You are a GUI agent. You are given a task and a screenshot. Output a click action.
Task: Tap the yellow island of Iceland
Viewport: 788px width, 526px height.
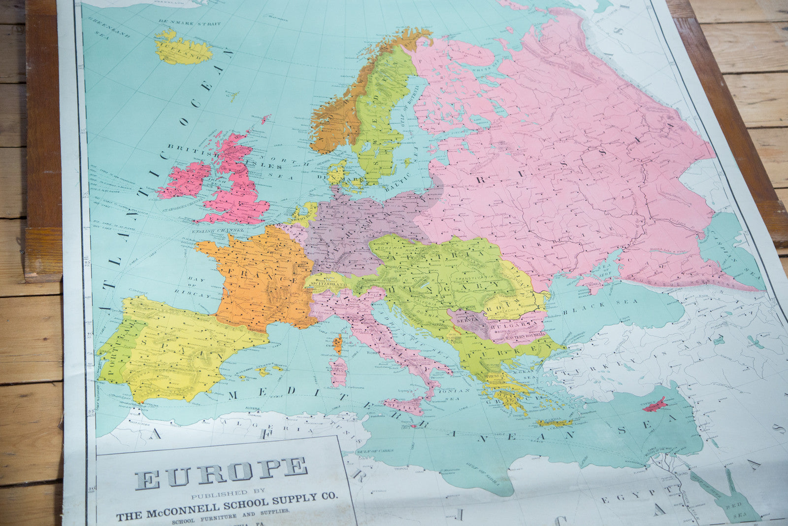pyautogui.click(x=183, y=48)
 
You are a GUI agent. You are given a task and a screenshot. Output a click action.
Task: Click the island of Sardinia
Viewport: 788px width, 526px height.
pyautogui.click(x=338, y=372)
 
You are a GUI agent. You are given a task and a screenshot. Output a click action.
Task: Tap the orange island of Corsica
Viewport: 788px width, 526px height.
pyautogui.click(x=337, y=344)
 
